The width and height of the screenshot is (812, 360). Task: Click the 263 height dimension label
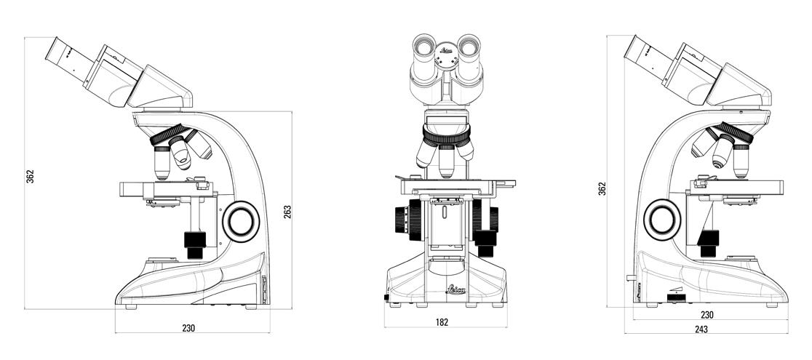pyautogui.click(x=287, y=211)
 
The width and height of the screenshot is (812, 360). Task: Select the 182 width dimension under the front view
pyautogui.click(x=442, y=321)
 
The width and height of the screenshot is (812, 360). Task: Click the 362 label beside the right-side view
pyautogui.click(x=602, y=188)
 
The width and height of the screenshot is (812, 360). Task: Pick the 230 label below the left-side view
pyautogui.click(x=188, y=328)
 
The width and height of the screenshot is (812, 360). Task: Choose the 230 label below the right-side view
pyautogui.click(x=706, y=315)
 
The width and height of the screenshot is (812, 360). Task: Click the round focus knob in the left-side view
pyautogui.click(x=241, y=221)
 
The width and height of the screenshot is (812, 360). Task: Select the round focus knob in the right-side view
pyautogui.click(x=664, y=218)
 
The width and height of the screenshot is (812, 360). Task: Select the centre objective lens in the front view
pyautogui.click(x=447, y=161)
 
